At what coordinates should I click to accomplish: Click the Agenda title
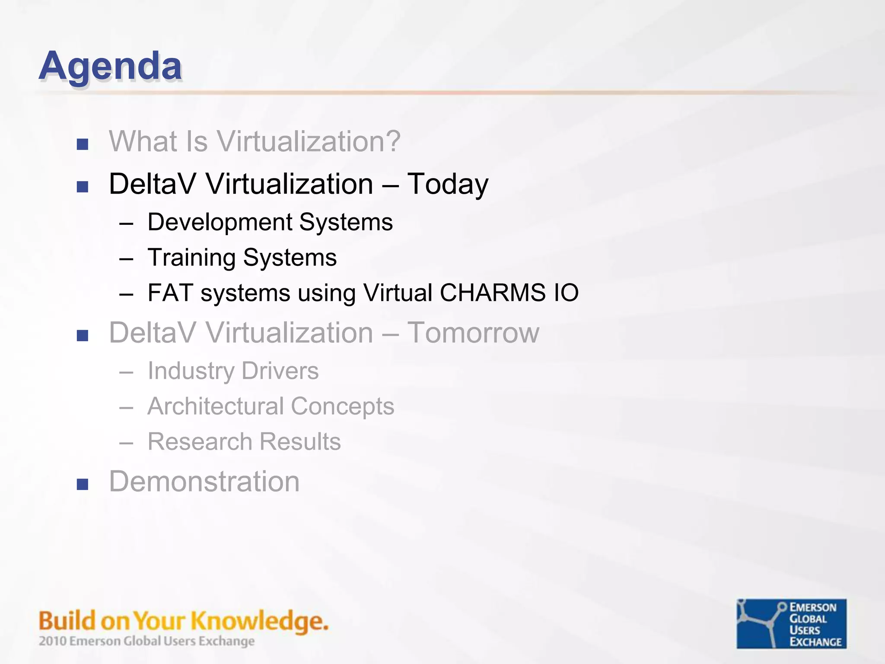(x=110, y=66)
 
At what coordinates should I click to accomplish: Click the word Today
(x=448, y=184)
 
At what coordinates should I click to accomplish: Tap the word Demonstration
(x=204, y=482)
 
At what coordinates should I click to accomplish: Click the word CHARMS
(x=493, y=293)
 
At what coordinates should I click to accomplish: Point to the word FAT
(x=170, y=293)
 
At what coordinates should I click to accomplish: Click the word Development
(x=220, y=222)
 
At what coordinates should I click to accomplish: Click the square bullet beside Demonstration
(x=82, y=484)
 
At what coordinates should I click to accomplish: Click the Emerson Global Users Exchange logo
(x=791, y=623)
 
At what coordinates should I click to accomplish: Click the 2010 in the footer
(x=52, y=641)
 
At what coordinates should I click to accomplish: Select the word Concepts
(x=342, y=406)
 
